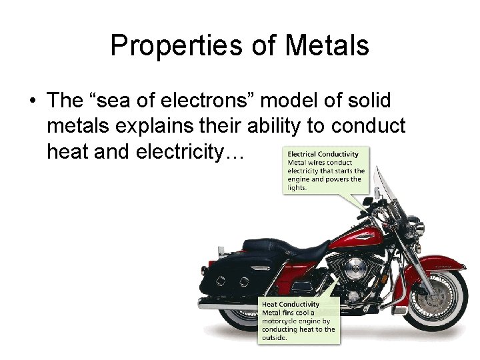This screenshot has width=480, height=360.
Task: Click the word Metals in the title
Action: click(x=327, y=46)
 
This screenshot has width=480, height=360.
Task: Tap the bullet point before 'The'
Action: click(x=31, y=101)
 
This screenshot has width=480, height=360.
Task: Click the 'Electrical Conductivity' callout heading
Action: click(x=323, y=154)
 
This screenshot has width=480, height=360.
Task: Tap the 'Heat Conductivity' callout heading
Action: click(x=291, y=305)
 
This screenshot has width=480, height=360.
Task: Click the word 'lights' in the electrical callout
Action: click(x=297, y=187)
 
